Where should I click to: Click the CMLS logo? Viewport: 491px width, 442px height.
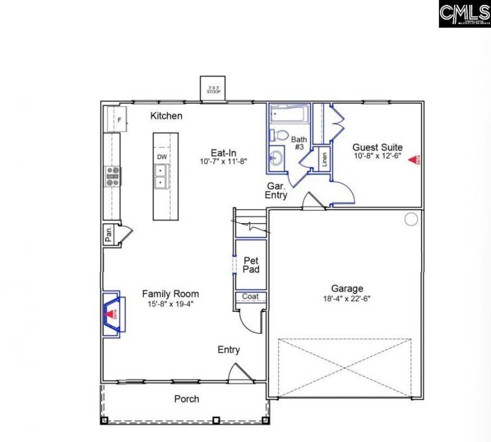point(464,14)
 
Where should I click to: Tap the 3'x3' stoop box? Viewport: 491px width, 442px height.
point(213,89)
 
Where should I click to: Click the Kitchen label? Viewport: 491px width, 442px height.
point(166,116)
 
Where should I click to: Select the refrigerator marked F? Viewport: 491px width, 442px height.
point(116,119)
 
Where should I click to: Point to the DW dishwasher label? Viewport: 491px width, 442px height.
point(162,157)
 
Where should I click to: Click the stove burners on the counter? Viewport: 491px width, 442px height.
point(114,176)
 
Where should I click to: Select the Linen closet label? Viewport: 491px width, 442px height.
point(324,159)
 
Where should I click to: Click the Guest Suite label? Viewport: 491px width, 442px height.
point(377,147)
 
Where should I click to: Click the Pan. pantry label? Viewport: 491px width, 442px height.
point(108,235)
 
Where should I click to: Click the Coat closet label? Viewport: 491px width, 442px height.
point(250,297)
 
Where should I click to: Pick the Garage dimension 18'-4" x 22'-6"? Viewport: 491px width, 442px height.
point(347,299)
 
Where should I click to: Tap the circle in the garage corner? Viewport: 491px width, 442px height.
point(411,218)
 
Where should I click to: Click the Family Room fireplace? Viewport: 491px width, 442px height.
point(114,314)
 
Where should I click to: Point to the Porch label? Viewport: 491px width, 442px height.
point(187,399)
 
